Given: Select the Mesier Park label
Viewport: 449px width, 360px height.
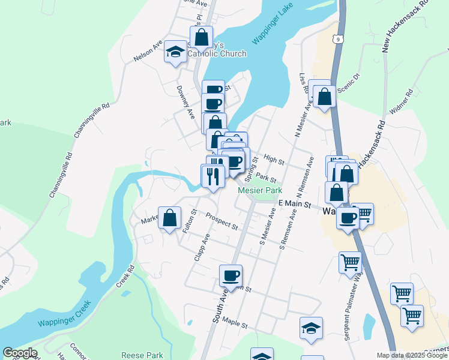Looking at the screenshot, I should (260, 190).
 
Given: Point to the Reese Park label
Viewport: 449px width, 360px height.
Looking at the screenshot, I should (142, 355).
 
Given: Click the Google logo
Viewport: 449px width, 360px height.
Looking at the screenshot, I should (20, 353).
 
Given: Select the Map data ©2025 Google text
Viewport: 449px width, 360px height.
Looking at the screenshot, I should (412, 355).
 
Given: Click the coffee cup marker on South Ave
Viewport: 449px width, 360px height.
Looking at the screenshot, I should (231, 276).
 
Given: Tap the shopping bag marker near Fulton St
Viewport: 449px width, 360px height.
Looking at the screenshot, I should (170, 218).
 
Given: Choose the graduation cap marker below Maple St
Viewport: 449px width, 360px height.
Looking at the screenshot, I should (311, 328).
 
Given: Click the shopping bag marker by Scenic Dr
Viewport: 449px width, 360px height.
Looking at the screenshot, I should (324, 96).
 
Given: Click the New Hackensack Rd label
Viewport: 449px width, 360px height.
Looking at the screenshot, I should (406, 25).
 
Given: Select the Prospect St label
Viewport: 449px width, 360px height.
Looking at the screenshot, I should (221, 221).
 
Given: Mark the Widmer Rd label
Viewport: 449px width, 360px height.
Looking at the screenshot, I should (402, 102).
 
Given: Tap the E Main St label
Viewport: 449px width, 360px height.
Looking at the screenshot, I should (294, 205).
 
